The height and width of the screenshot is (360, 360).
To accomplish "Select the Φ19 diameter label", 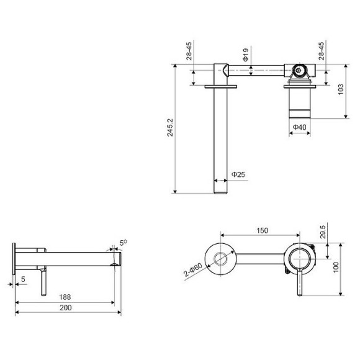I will pos(246,58).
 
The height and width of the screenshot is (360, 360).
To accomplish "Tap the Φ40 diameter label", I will pos(299,128).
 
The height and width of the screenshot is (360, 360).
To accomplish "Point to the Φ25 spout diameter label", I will pos(238,175).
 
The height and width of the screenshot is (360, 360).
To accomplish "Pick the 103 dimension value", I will pos(340,90).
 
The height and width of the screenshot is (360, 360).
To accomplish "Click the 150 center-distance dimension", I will pos(262,231).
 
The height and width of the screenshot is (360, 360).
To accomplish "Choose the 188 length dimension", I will pos(65,297).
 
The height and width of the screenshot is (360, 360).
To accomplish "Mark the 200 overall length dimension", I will pos(65,308).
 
